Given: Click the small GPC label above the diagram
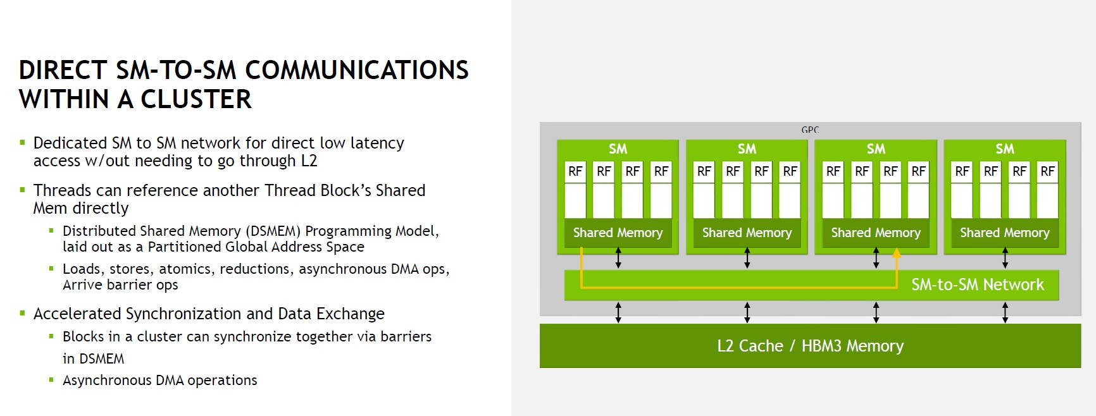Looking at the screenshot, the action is point(810,130).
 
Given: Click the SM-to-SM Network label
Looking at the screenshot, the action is point(978,285).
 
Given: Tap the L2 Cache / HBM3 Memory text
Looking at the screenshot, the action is point(811,346).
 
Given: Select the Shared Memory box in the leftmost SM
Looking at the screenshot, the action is point(618,233).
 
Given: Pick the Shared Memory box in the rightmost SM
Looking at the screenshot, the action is point(1005,233).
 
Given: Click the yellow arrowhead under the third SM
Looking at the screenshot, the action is point(897,253).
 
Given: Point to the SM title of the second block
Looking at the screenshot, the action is point(747,149).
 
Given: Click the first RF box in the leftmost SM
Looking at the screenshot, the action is point(575,172).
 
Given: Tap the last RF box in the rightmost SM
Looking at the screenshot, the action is point(1048,172).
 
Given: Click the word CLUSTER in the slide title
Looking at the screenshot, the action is point(196,99).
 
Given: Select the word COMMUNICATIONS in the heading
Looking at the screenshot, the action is point(357,70).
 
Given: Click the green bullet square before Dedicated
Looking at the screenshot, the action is point(23,143).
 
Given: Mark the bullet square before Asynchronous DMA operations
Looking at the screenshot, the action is point(52,380).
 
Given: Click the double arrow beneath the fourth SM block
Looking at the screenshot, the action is point(1005,258).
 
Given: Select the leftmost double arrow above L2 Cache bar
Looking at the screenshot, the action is point(618,312).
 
